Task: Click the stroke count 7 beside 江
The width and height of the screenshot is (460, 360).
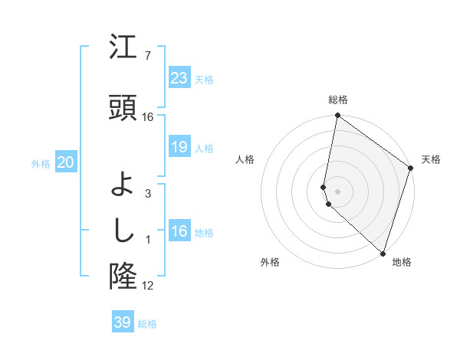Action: tap(148, 56)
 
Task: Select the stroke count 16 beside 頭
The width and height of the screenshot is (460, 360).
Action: tap(148, 117)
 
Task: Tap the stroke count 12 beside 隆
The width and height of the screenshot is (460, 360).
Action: tap(148, 286)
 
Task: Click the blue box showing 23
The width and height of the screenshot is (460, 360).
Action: tap(179, 78)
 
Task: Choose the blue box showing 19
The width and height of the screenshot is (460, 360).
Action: tap(179, 147)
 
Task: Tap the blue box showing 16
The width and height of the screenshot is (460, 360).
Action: tap(179, 231)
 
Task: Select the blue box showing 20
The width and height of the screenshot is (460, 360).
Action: tap(66, 162)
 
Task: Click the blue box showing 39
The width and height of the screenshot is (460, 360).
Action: tap(123, 322)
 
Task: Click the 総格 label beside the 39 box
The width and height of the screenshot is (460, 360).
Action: tap(147, 324)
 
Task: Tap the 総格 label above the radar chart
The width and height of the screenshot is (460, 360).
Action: tap(338, 100)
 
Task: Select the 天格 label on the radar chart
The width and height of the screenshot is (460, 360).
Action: tap(431, 159)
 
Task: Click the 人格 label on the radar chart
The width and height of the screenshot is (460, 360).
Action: tap(245, 159)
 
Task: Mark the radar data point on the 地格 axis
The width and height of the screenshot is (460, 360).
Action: tap(383, 253)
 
